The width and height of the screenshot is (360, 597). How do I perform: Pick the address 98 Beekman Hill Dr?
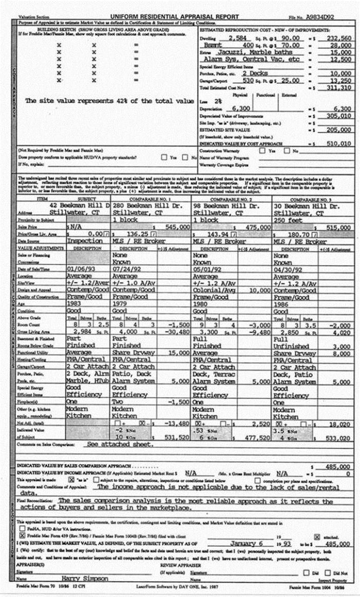[224, 206]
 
